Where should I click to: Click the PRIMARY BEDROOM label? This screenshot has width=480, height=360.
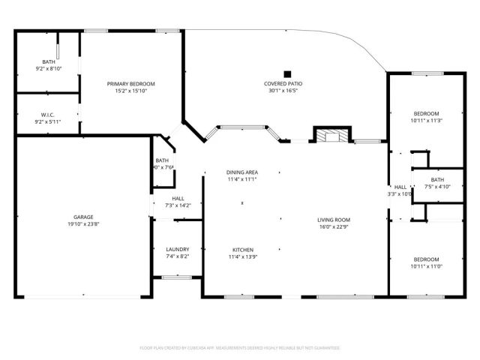(130, 83)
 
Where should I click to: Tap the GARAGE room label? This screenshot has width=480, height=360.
(83, 217)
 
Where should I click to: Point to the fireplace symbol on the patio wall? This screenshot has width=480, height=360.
(330, 136)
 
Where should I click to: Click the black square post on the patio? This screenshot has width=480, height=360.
(286, 65)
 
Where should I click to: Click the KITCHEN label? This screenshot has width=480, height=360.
(242, 249)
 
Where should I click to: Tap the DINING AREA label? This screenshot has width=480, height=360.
(242, 172)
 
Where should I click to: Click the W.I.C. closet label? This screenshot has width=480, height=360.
(49, 115)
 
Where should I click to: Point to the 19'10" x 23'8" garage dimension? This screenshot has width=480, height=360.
(83, 223)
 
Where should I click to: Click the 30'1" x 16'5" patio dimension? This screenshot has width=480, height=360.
(283, 91)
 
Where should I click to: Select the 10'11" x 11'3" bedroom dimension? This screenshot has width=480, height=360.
(426, 120)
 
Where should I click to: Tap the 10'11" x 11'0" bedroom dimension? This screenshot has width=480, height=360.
(426, 266)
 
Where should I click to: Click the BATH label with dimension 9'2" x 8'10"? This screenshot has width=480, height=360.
(49, 61)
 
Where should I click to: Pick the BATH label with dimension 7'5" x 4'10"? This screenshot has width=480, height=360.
(437, 179)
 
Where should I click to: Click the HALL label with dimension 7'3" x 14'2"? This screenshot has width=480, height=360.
(178, 198)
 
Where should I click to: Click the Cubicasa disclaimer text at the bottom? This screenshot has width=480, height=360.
(240, 348)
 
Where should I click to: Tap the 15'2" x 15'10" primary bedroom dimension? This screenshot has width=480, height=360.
(130, 91)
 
